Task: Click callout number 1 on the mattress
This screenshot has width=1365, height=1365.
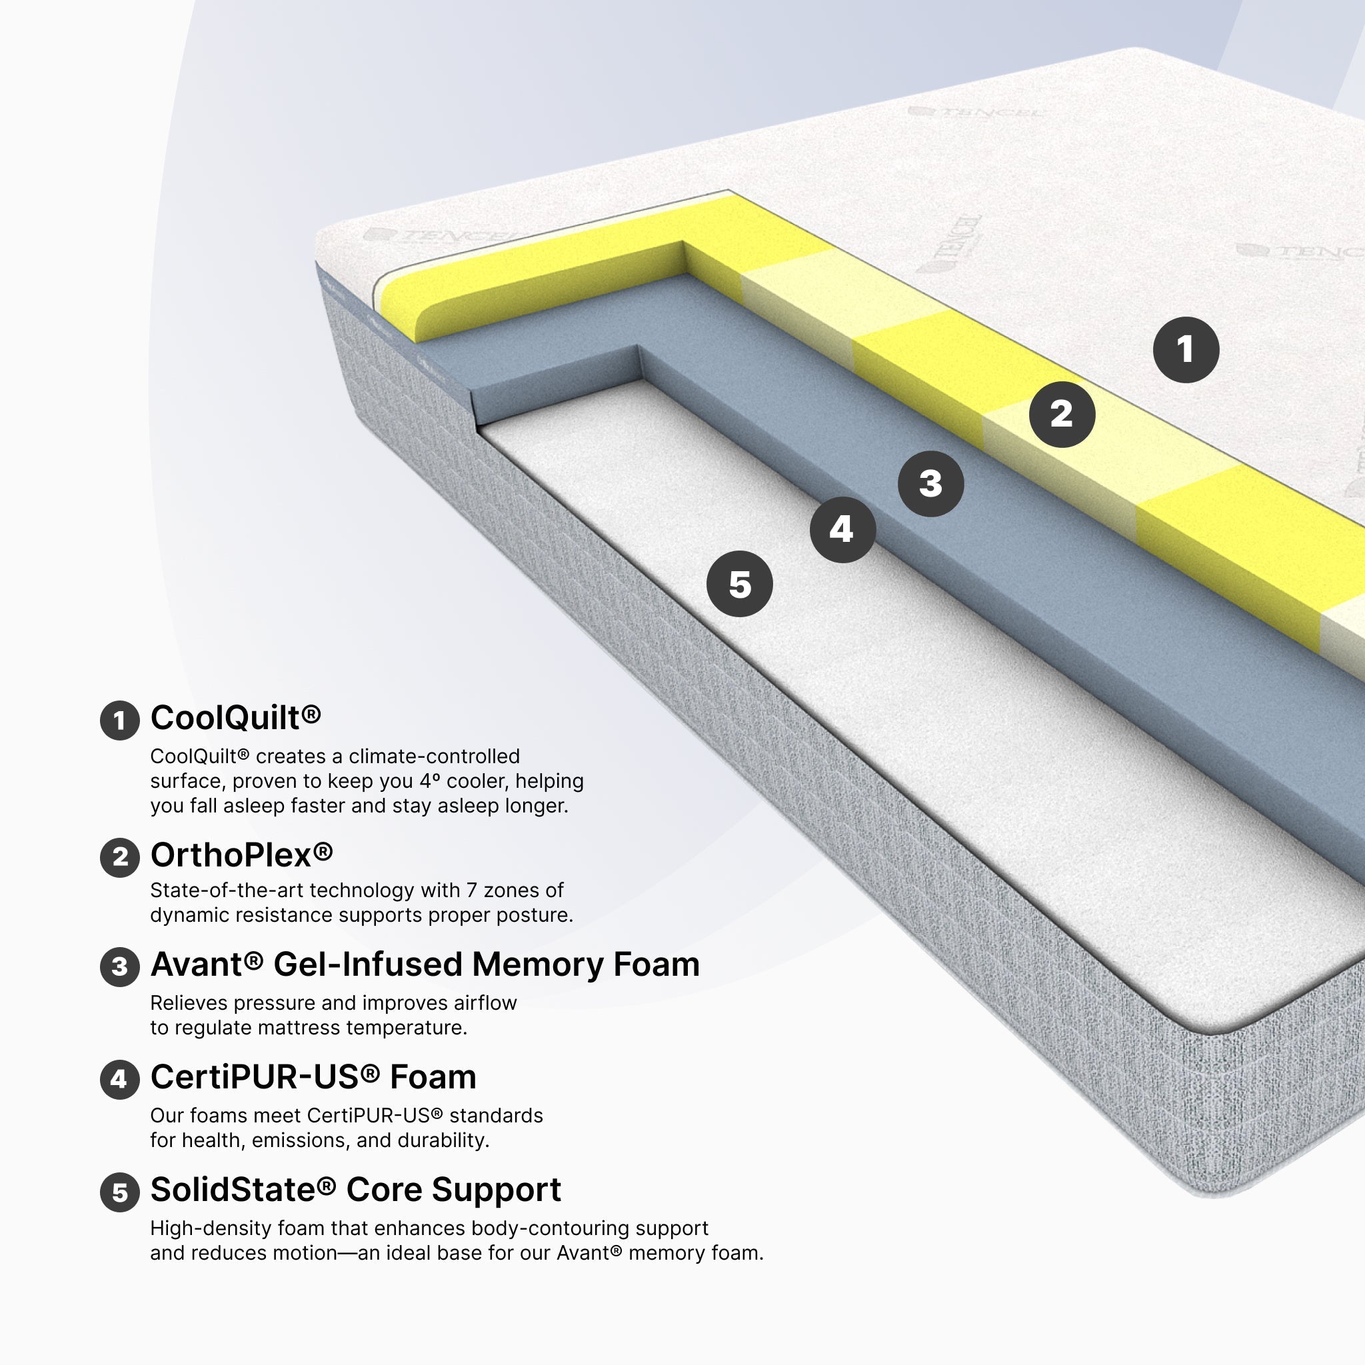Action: (x=1186, y=350)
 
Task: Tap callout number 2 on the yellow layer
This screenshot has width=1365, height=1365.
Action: (x=1062, y=415)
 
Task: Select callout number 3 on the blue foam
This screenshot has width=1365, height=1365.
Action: (x=930, y=484)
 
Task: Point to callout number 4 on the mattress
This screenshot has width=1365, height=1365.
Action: (x=842, y=530)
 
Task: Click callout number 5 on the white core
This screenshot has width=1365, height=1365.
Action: (x=740, y=585)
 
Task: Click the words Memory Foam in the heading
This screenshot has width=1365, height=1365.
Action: (x=586, y=964)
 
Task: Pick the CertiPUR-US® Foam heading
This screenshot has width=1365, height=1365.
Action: (x=313, y=1078)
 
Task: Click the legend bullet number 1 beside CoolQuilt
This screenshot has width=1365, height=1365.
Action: (x=119, y=720)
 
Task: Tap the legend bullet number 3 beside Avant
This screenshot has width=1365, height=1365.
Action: (x=119, y=967)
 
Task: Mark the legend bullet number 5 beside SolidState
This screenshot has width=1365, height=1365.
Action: (x=119, y=1192)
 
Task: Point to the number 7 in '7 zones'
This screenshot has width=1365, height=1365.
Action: (x=471, y=890)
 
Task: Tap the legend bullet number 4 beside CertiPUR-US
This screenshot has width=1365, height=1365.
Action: (x=119, y=1080)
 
